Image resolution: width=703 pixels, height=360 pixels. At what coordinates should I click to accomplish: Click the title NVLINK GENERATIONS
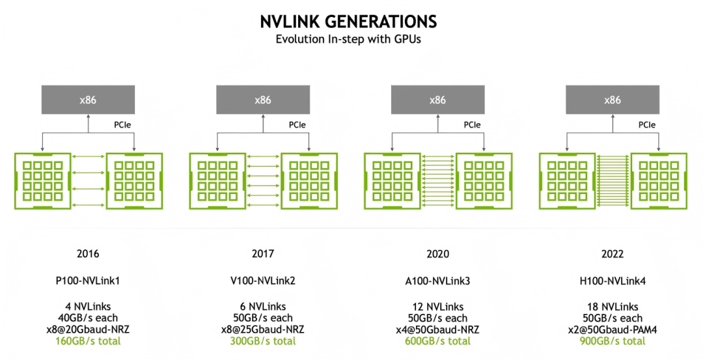click(x=348, y=21)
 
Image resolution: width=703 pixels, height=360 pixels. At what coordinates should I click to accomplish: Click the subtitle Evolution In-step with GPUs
click(x=348, y=39)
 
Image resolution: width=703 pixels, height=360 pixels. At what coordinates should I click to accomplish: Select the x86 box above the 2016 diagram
click(x=88, y=100)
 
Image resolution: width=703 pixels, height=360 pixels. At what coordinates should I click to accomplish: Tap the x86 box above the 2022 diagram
click(x=613, y=100)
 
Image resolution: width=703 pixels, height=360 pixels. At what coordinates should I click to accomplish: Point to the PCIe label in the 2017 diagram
click(x=297, y=125)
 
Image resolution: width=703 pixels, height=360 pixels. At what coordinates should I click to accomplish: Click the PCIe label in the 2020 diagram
click(x=472, y=125)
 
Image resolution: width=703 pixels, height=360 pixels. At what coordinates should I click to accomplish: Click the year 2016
click(x=88, y=254)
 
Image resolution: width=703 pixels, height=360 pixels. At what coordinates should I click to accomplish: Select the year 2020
click(x=437, y=254)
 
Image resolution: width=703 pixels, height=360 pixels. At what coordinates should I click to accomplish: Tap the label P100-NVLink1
click(x=88, y=281)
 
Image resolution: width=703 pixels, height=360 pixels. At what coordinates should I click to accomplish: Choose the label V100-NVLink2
click(x=263, y=281)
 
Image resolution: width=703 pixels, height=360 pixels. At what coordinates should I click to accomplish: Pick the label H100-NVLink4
click(x=613, y=281)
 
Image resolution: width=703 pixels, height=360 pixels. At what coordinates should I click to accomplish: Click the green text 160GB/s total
click(x=88, y=341)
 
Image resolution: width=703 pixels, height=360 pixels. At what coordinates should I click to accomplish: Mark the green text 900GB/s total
click(x=613, y=341)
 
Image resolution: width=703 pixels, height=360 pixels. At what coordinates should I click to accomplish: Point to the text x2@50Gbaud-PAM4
click(x=613, y=329)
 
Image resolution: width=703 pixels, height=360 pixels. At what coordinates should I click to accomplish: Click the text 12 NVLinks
click(x=437, y=307)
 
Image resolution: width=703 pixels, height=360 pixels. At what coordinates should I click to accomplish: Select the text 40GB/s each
click(x=88, y=318)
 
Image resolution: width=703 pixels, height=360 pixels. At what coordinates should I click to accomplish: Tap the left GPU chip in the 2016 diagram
click(x=42, y=181)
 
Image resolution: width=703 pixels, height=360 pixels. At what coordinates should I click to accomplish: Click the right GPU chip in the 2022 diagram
click(x=659, y=181)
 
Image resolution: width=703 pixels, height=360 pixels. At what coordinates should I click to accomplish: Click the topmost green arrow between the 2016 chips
click(x=89, y=156)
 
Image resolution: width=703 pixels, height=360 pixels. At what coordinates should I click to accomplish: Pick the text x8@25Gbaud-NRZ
click(x=263, y=329)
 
